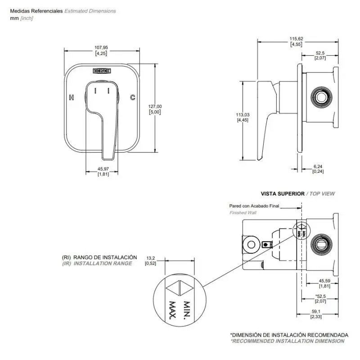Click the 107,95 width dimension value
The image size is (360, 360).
click(x=101, y=47)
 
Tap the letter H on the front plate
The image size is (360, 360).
click(x=71, y=97)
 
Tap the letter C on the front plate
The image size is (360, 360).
click(x=133, y=97)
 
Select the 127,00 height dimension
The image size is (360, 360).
click(x=155, y=106)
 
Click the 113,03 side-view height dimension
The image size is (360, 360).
click(x=243, y=115)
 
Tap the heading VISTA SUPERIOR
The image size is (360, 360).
click(x=283, y=193)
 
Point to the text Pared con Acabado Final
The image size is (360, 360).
click(x=254, y=206)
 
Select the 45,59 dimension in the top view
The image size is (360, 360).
click(x=324, y=281)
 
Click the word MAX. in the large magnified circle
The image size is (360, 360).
click(x=172, y=310)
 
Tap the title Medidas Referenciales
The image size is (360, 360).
click(x=36, y=11)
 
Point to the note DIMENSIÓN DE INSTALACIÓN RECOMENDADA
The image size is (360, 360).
click(x=289, y=335)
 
